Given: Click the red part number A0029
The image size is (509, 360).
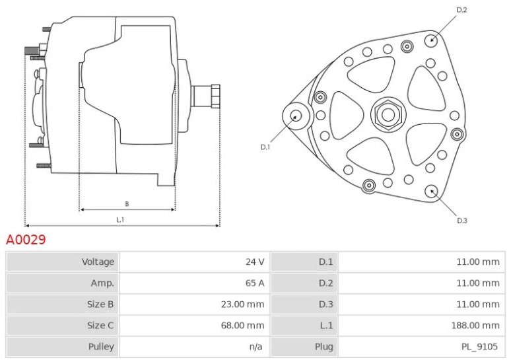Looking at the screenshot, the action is pos(26,240).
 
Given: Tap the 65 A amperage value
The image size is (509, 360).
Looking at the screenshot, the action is pos(255,283).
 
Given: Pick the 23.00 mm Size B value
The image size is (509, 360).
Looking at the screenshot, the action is pos(242,305).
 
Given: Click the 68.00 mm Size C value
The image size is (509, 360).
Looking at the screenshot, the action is pos(242,325).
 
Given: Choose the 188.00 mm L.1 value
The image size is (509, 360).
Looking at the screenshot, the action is pos(475,325).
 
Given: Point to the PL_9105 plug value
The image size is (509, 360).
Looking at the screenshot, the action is pos(479,347).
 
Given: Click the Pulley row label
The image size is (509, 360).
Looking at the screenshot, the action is pos(101,347).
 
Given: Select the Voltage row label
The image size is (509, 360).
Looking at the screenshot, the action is pos(98,262).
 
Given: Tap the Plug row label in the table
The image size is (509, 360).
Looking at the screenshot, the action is pos(324,347).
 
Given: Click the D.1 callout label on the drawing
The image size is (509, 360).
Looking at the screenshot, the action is pos(265,147).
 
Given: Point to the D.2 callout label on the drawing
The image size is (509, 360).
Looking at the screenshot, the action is pos(461,10).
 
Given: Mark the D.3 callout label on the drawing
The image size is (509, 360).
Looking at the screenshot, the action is pos(462,221).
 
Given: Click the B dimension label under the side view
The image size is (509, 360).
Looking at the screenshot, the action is pos(127,204).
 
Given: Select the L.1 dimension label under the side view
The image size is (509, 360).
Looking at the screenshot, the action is pos(120,220).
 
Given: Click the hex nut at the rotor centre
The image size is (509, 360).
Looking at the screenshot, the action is pos(388,114).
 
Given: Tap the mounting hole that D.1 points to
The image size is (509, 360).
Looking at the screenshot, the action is pos(295,116).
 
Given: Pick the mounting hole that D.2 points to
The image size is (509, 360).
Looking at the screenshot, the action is pos(432,40).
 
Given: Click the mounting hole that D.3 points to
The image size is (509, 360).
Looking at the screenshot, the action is pos(431,192).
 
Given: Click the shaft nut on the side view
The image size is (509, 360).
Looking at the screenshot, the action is pos(215,96).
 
